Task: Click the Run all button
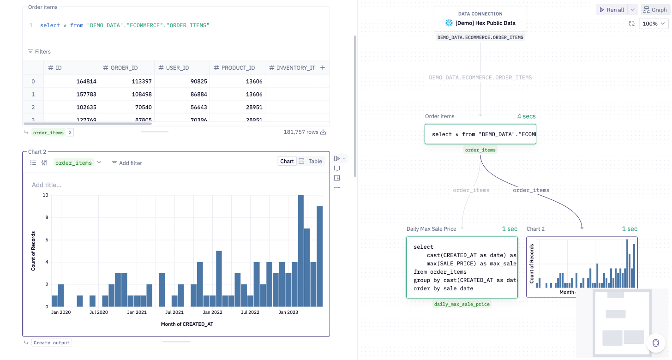pyautogui.click(x=612, y=10)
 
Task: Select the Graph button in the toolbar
pyautogui.click(x=655, y=10)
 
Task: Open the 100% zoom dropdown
pyautogui.click(x=654, y=24)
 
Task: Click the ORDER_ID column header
pyautogui.click(x=124, y=68)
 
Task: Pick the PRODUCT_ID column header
pyautogui.click(x=238, y=68)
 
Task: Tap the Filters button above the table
pyautogui.click(x=39, y=52)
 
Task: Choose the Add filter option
pyautogui.click(x=127, y=163)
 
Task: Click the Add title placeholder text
pyautogui.click(x=47, y=185)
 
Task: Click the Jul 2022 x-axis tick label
pyautogui.click(x=250, y=312)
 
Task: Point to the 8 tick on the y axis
pyautogui.click(x=45, y=217)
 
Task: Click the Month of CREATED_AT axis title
pyautogui.click(x=187, y=324)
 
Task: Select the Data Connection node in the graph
pyautogui.click(x=480, y=19)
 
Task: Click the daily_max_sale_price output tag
pyautogui.click(x=462, y=304)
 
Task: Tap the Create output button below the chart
pyautogui.click(x=51, y=343)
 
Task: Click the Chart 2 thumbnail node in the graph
pyautogui.click(x=582, y=267)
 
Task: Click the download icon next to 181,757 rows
pyautogui.click(x=323, y=132)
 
